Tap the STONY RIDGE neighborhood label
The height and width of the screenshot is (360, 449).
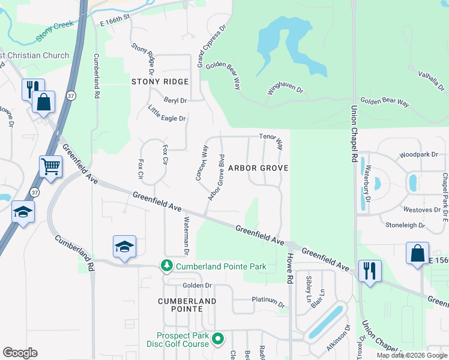tap(160, 82)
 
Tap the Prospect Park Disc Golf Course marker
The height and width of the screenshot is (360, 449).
tap(219, 339)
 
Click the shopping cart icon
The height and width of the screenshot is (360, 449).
tap(50, 166)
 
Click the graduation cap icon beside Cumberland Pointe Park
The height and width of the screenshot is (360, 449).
tap(124, 246)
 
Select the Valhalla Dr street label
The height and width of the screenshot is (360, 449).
tap(430, 80)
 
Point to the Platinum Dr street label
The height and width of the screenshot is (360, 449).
tap(268, 301)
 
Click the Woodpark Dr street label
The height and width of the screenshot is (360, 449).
tap(418, 155)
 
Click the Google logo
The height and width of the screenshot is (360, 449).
tap(20, 353)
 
